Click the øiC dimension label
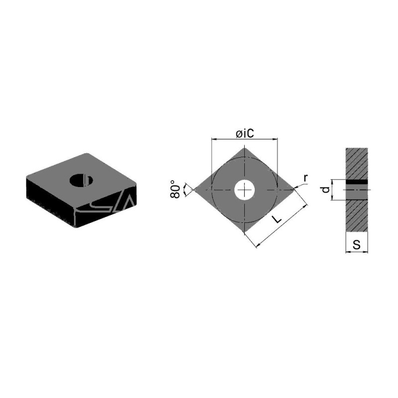245,133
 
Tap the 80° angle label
175,189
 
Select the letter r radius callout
305,179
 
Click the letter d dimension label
325,190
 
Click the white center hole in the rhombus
244,190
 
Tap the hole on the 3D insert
81,180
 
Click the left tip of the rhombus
195,190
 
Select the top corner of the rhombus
244,148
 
